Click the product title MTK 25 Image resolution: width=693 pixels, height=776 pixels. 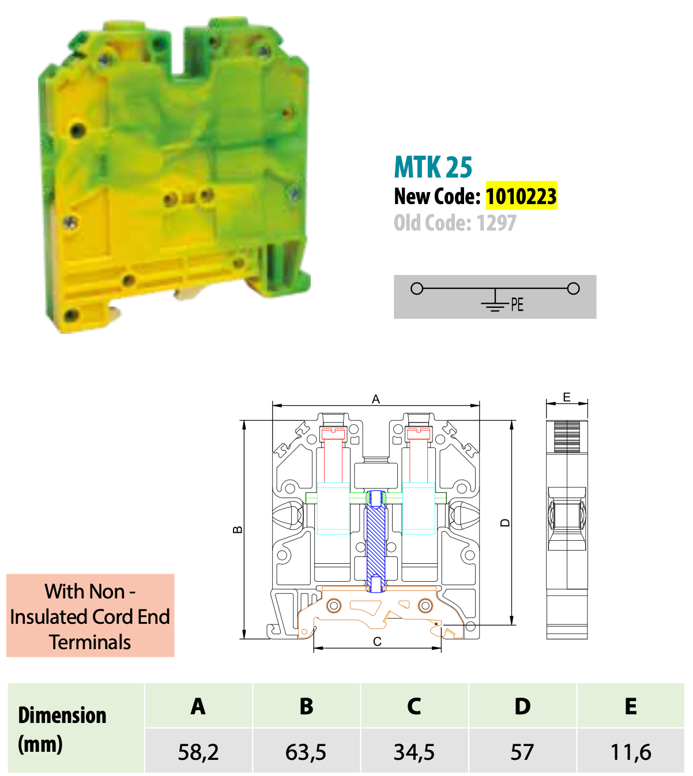tap(433, 167)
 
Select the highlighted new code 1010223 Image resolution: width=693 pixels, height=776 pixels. tap(521, 195)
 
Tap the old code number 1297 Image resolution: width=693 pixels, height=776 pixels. tap(496, 223)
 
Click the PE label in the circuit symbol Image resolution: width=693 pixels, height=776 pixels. tap(517, 304)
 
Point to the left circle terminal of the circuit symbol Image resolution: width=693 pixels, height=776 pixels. tap(417, 288)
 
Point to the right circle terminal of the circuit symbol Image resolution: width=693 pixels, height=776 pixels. tap(573, 288)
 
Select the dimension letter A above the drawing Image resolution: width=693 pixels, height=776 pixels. tap(376, 400)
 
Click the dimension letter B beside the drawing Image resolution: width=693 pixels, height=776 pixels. tap(238, 530)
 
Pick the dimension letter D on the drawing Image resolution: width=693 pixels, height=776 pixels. tap(505, 522)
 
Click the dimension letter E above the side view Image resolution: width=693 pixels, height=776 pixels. tap(567, 397)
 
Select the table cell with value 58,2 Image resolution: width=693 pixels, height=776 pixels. tap(198, 751)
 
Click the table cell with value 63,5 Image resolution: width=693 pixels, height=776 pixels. tap(306, 751)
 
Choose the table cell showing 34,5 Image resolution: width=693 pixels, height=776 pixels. tap(414, 751)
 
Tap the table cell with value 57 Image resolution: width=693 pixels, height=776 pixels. tap(522, 751)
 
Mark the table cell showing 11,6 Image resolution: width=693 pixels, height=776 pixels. tap(631, 751)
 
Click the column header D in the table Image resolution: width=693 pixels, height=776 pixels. tap(522, 706)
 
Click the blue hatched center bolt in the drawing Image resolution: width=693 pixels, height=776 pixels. tap(376, 541)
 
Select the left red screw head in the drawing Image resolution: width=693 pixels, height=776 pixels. tap(333, 434)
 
